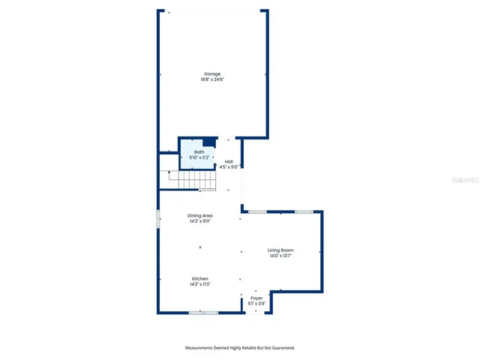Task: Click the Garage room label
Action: coord(212,73)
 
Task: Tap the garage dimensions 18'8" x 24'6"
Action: coord(212,79)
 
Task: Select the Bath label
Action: coord(199,152)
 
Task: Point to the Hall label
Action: coord(229,162)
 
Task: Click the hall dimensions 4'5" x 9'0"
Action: coord(229,167)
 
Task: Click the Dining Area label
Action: coord(200,216)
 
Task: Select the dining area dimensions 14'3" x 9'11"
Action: coord(200,221)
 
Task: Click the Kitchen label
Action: coord(200,278)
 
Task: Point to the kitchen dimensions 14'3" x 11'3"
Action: coord(200,284)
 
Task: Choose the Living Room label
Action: coord(281,250)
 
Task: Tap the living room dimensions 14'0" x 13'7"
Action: coord(281,256)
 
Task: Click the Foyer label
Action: coord(256,298)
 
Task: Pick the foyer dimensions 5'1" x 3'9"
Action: coord(256,304)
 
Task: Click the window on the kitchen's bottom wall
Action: coord(203,312)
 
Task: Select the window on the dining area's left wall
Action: coord(158,219)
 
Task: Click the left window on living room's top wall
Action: coord(257,212)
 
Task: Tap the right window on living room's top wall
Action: coord(304,212)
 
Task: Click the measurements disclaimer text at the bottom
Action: coord(240,348)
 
